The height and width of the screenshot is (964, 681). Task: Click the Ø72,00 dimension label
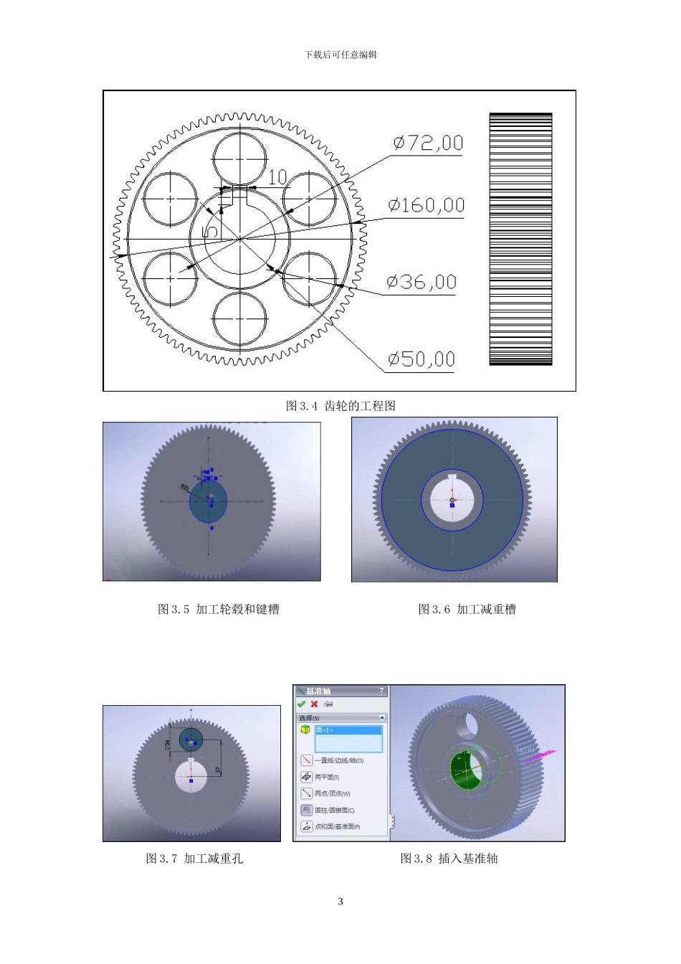(x=427, y=143)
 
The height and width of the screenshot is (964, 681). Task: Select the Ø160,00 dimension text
(x=427, y=206)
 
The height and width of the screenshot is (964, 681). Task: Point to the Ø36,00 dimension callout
(x=422, y=282)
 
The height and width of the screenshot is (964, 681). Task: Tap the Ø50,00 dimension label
(x=422, y=359)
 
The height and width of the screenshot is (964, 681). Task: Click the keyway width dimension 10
(x=277, y=176)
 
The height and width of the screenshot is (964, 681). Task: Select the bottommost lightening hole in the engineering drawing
(x=239, y=318)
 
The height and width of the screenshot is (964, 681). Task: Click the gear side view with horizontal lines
(x=520, y=239)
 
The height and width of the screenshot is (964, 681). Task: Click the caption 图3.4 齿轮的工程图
(x=340, y=406)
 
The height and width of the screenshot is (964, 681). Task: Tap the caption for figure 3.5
(x=219, y=609)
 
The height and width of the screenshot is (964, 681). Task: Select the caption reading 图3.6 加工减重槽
(x=467, y=609)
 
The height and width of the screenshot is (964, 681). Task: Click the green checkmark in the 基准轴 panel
(x=301, y=704)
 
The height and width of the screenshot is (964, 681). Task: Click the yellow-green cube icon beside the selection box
(x=305, y=729)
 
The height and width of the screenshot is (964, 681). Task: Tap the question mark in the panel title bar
(x=381, y=691)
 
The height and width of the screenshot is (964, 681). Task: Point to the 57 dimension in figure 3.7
(x=218, y=770)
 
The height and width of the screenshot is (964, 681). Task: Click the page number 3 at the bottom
(x=340, y=901)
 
